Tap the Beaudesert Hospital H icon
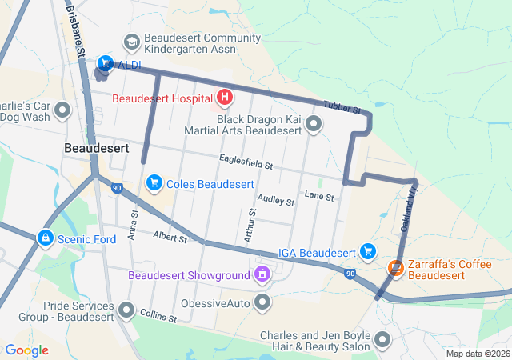pyautogui.click(x=225, y=98)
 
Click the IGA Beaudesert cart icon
pyautogui.click(x=368, y=252)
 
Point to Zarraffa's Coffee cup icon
pyautogui.click(x=395, y=268)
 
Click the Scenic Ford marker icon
pyautogui.click(x=46, y=238)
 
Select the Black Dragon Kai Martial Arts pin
pyautogui.click(x=314, y=123)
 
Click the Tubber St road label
pyautogui.click(x=342, y=107)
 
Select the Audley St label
pyautogui.click(x=275, y=200)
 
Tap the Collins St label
pyautogui.click(x=158, y=315)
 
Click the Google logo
pyautogui.click(x=26, y=350)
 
